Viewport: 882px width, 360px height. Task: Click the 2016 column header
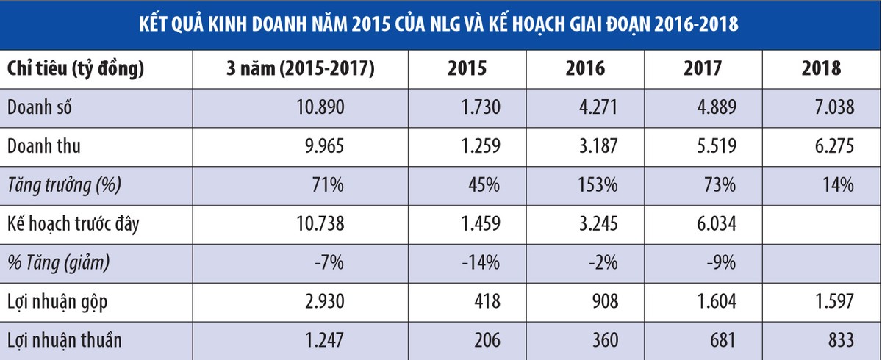point(585,69)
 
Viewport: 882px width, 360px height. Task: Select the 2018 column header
point(822,69)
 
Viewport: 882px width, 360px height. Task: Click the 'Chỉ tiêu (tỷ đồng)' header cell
point(75,69)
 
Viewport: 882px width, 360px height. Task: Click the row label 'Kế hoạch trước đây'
point(73,224)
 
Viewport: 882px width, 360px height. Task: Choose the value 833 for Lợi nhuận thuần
point(839,340)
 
